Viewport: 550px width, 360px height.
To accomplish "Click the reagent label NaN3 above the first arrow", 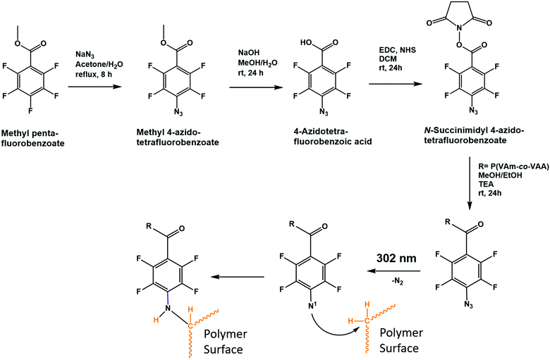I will pyautogui.click(x=84, y=51).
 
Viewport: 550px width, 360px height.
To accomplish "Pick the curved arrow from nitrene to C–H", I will pyautogui.click(x=321, y=331).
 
